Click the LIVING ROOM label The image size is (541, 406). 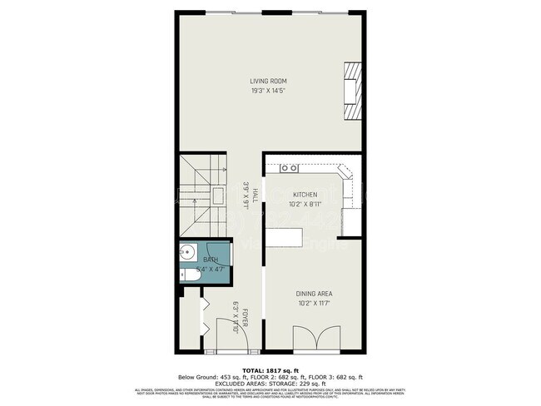(x=269, y=81)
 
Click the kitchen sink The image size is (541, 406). (x=289, y=168)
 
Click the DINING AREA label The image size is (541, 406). (x=314, y=294)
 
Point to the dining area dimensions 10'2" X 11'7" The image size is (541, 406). (x=314, y=303)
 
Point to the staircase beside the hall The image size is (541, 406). (x=200, y=196)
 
